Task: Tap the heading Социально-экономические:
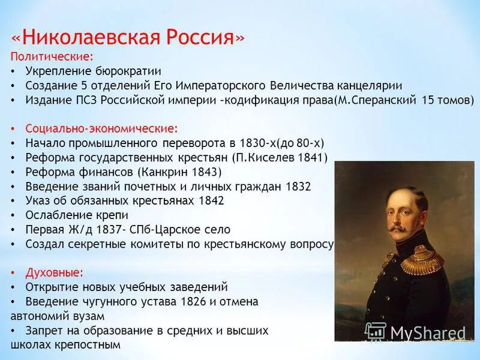[x=101, y=128]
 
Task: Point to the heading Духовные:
[x=54, y=272]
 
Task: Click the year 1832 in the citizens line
[x=298, y=186]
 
